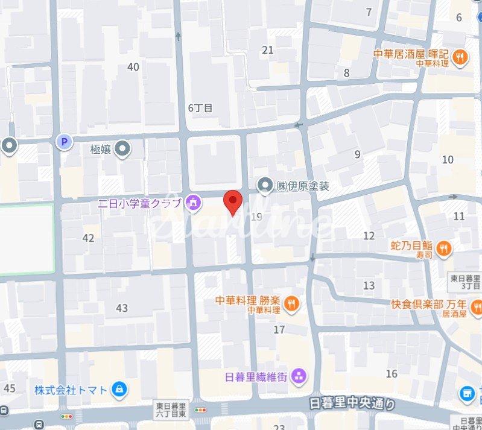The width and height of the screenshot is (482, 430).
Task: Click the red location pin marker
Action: click(x=233, y=201)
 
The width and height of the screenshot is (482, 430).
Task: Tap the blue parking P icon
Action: click(x=63, y=142)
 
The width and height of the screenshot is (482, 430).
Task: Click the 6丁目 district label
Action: click(x=200, y=108)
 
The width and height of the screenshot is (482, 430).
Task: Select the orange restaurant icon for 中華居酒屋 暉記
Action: click(x=460, y=57)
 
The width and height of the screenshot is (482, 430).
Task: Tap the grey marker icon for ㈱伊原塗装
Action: click(x=265, y=186)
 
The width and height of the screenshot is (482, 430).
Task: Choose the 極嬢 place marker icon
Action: click(x=123, y=148)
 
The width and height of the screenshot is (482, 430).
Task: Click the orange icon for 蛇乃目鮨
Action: click(x=443, y=247)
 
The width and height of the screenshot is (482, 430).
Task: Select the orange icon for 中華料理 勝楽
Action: click(x=291, y=304)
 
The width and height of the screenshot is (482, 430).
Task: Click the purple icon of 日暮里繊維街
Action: click(x=298, y=378)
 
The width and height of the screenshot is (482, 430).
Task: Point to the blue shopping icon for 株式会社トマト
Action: click(x=119, y=389)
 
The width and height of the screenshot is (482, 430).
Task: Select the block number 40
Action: click(x=133, y=66)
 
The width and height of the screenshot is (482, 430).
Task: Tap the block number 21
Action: click(x=268, y=50)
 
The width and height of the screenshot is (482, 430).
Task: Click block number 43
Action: click(x=122, y=308)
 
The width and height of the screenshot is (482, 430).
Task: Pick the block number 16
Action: click(x=392, y=374)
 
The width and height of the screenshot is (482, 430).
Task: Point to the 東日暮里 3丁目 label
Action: click(x=465, y=283)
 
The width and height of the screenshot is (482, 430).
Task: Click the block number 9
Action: click(x=357, y=154)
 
